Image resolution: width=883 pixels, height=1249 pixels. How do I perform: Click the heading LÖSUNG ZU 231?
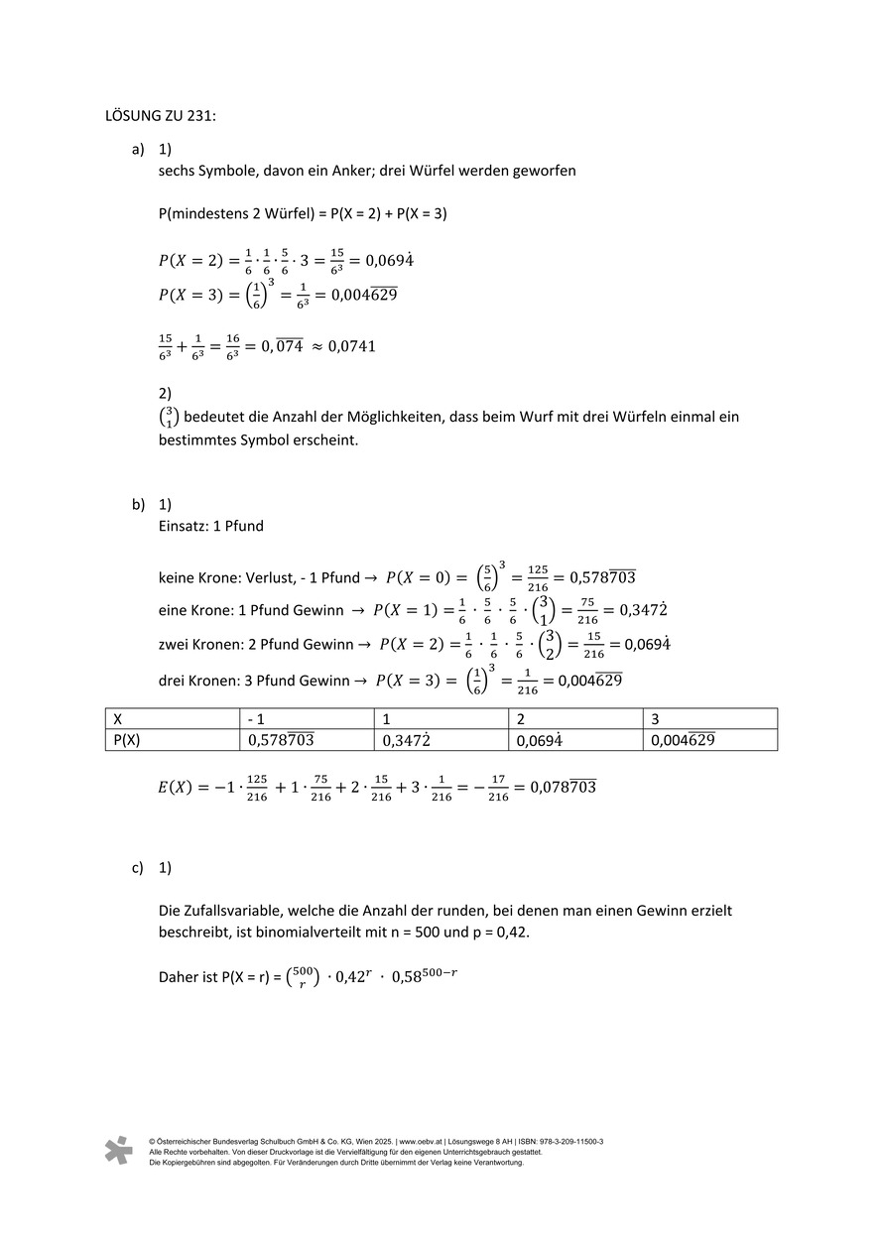(x=161, y=115)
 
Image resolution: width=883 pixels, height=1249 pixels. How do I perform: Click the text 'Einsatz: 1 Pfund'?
(x=210, y=526)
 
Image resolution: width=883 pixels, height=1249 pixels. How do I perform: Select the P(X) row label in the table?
(x=127, y=739)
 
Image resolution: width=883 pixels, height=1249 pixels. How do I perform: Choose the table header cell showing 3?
(x=655, y=718)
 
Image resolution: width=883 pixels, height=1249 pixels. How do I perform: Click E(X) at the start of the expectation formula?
(x=177, y=789)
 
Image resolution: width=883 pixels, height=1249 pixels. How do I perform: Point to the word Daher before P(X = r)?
(x=179, y=977)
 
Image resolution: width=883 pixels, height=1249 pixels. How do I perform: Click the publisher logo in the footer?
(x=118, y=1151)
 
